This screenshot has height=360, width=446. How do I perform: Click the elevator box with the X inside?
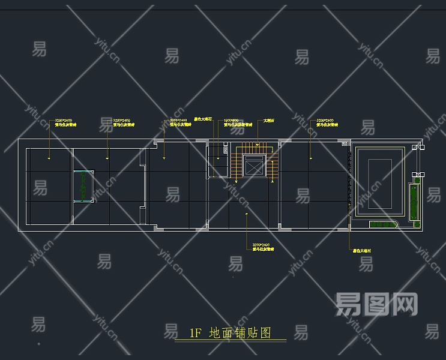tap(255, 166)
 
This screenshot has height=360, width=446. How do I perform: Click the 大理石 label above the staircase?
tap(269, 121)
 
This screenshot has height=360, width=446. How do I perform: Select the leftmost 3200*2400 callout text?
tap(63, 121)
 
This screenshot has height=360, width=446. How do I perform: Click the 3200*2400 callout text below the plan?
tap(261, 245)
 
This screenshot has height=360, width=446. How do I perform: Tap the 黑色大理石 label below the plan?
tap(362, 251)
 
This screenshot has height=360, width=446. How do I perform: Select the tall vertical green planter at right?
tap(413, 201)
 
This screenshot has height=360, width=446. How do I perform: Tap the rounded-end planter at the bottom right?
tap(384, 224)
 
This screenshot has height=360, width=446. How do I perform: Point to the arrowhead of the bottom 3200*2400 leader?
tap(246, 213)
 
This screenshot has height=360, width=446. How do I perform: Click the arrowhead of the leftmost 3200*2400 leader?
tap(49, 158)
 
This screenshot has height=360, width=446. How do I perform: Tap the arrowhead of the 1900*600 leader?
tap(218, 158)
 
